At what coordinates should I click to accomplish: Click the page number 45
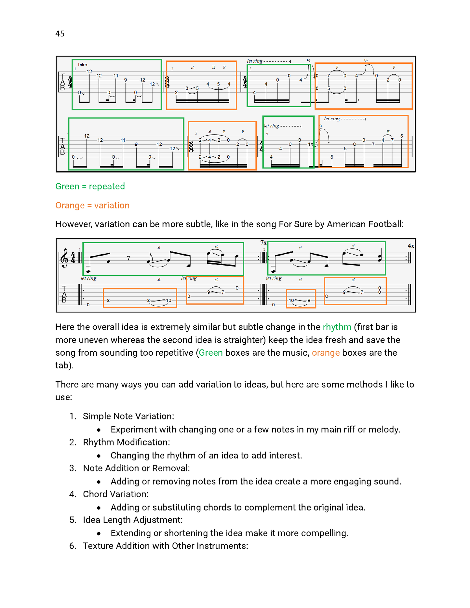(x=60, y=34)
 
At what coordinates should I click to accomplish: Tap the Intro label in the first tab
(x=83, y=65)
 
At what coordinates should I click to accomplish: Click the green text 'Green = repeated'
(x=90, y=186)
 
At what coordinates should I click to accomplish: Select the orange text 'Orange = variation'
(x=92, y=205)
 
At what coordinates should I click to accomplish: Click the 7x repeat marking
(x=263, y=243)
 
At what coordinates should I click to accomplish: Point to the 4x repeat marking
(x=411, y=246)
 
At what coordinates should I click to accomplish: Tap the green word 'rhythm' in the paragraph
(x=337, y=327)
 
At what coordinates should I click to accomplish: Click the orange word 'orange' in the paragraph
(x=326, y=353)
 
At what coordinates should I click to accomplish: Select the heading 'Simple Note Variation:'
(x=128, y=416)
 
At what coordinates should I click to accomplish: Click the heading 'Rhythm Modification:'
(x=127, y=442)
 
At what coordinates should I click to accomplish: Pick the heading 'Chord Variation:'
(x=116, y=494)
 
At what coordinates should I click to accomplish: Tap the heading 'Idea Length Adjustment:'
(x=133, y=520)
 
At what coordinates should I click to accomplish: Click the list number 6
(x=73, y=546)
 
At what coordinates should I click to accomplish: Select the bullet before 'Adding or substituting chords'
(x=99, y=508)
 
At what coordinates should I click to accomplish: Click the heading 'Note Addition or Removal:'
(x=137, y=468)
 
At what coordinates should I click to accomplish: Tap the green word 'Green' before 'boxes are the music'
(x=211, y=353)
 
